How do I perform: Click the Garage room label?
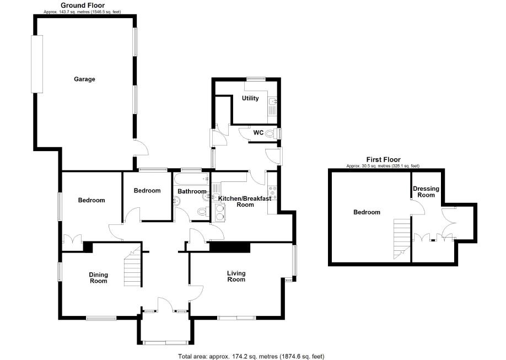[85, 79]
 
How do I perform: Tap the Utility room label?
[250, 98]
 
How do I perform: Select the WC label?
[258, 132]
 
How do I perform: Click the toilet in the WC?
[270, 133]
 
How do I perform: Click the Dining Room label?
[99, 278]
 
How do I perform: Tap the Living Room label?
[236, 276]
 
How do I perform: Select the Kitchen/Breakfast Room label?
[245, 201]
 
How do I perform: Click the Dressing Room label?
[427, 192]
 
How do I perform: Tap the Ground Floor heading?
[83, 5]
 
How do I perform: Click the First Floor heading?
[383, 159]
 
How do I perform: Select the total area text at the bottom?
[255, 356]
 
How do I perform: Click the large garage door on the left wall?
[37, 64]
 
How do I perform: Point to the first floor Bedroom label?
[367, 212]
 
